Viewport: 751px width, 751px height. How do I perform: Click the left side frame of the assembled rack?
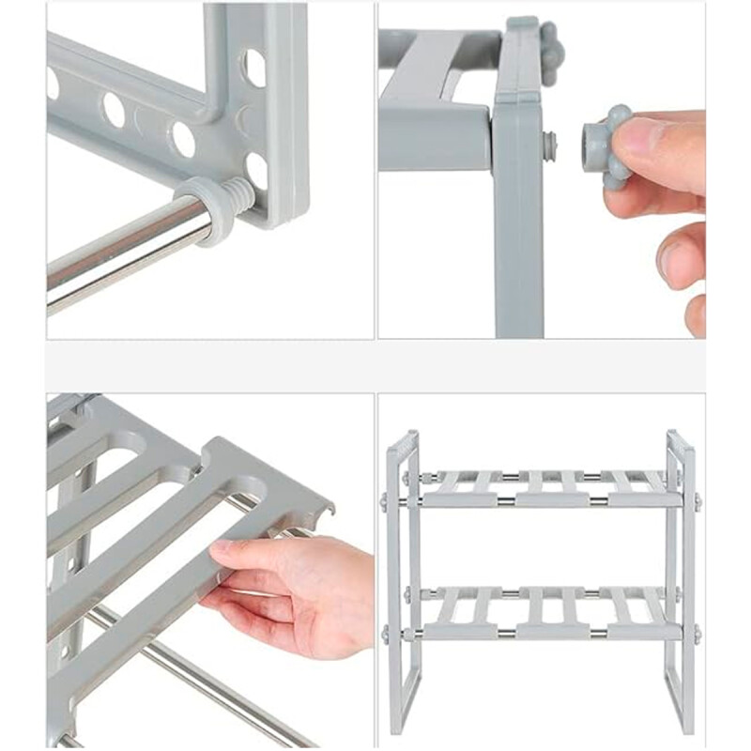pyautogui.click(x=401, y=582)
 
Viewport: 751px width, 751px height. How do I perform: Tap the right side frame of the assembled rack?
pyautogui.click(x=681, y=582)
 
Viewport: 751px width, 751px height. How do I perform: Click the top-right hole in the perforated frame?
pyautogui.click(x=254, y=66)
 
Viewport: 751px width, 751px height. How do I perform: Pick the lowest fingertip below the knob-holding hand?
pyautogui.click(x=696, y=314)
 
